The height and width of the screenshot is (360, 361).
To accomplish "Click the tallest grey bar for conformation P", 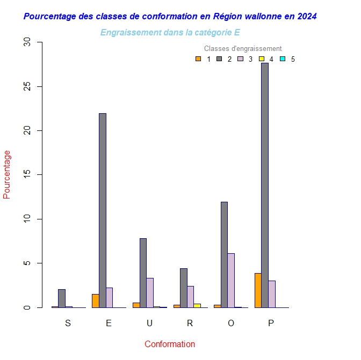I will point(265,185).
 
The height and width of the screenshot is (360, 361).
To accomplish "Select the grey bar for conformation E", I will point(102,210).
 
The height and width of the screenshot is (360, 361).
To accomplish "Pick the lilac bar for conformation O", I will point(231,280).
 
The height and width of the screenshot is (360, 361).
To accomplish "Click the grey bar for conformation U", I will point(143,273).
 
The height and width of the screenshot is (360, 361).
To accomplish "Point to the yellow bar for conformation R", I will point(197,305).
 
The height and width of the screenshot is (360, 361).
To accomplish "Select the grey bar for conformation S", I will point(62,298).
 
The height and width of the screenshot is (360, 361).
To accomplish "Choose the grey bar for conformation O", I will point(224,254).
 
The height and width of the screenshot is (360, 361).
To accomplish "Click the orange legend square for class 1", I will point(198,59).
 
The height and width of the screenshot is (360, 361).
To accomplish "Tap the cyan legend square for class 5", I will point(283,59).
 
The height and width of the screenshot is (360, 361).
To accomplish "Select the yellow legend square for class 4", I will point(262,59).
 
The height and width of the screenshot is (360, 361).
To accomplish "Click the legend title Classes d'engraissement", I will point(243,49).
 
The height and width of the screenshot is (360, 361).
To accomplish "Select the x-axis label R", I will point(190,323).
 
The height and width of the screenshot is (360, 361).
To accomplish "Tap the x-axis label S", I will point(68,323).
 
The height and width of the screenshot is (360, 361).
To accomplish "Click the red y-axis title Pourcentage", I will point(7,174).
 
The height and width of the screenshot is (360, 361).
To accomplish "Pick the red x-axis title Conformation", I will point(170,344).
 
